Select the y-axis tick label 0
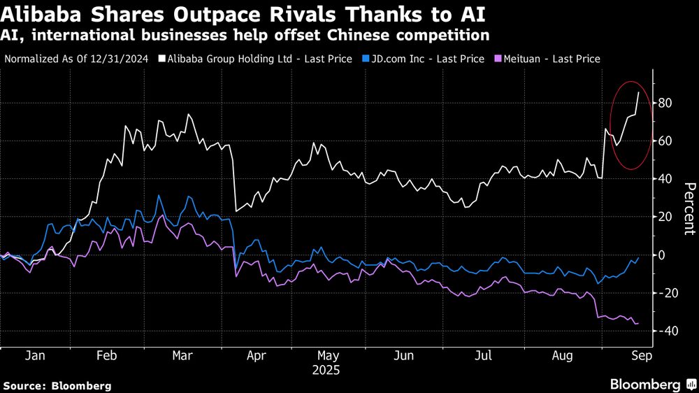660,255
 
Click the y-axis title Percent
689,208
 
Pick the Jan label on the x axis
35,355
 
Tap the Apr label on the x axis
257,355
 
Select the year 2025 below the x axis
325,369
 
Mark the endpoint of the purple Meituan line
638,323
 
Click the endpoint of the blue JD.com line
638,257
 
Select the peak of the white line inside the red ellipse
638,92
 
